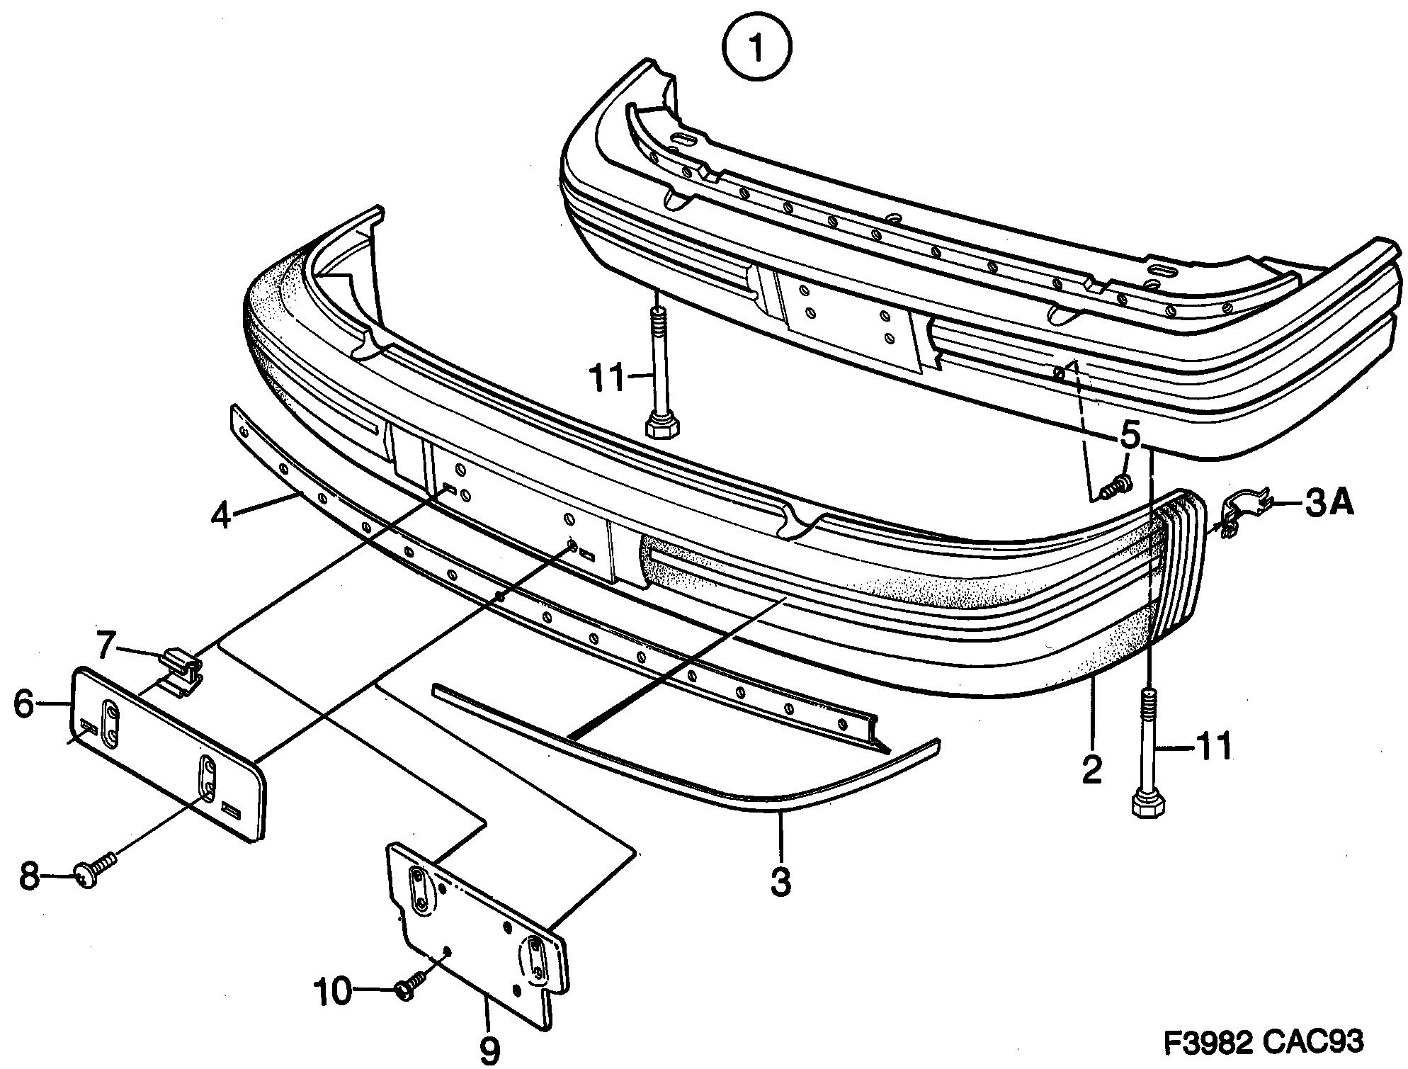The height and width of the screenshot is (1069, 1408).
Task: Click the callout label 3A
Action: pyautogui.click(x=1329, y=504)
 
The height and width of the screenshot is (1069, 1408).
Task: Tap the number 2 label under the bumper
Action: pyautogui.click(x=1092, y=769)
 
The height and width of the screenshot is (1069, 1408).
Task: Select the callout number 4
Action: pyautogui.click(x=221, y=515)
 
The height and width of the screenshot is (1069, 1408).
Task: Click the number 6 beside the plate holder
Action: pyautogui.click(x=24, y=705)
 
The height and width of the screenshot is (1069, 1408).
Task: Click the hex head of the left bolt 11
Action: pyautogui.click(x=662, y=427)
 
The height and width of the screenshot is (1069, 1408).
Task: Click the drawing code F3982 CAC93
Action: pyautogui.click(x=1264, y=1042)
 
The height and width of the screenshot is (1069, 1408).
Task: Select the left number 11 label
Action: pyautogui.click(x=607, y=378)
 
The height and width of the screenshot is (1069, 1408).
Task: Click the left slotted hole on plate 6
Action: pyautogui.click(x=110, y=722)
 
